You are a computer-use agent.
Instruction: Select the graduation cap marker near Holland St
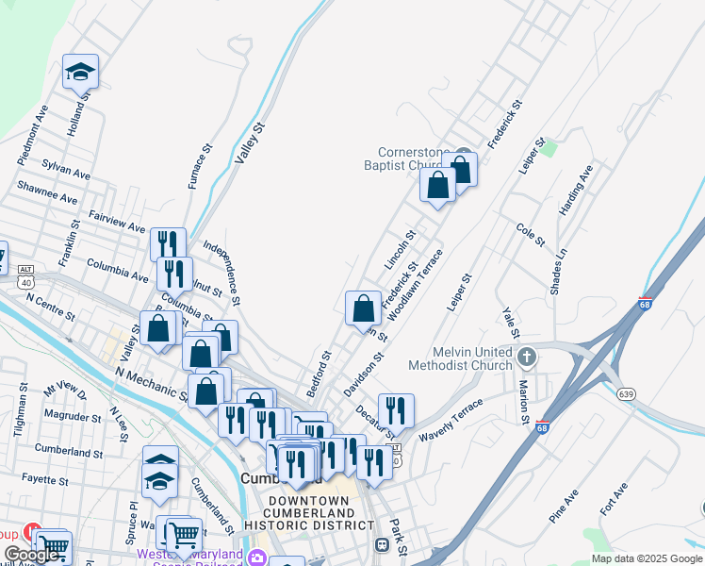80,71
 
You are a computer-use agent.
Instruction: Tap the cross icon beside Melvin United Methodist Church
527,358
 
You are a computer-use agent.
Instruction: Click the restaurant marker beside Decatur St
396,410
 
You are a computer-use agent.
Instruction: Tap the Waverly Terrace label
451,419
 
